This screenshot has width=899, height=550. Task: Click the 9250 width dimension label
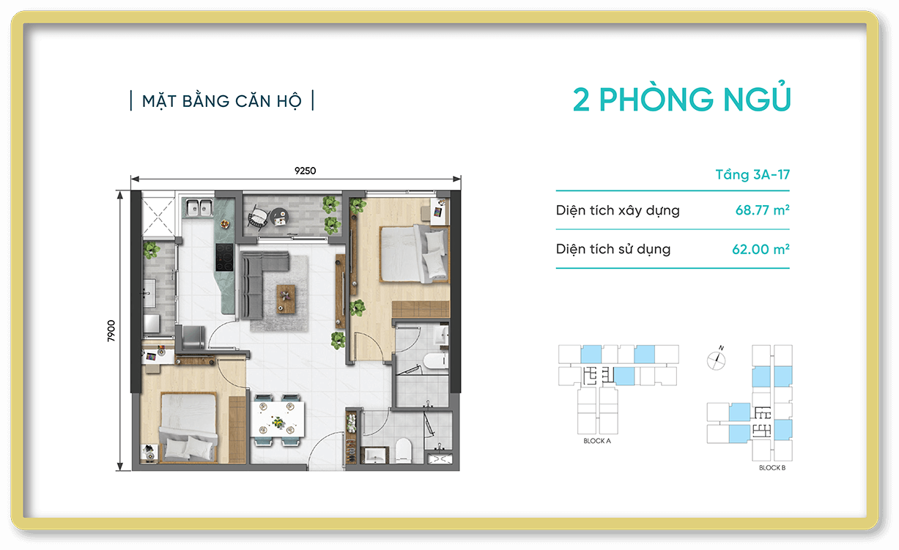tap(305, 171)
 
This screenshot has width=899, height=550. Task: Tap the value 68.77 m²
tap(762, 211)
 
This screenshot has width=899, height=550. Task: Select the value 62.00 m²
tap(761, 249)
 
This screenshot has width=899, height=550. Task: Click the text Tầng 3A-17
tap(752, 175)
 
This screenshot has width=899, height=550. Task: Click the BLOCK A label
tap(597, 442)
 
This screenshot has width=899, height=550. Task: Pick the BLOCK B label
tap(772, 468)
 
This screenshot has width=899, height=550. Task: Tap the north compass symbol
tap(717, 359)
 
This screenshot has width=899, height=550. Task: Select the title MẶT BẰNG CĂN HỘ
tap(221, 101)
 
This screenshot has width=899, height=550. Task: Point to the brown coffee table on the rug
tap(286, 298)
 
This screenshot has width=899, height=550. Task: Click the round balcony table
tap(278, 215)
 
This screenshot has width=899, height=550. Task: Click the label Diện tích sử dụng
tap(613, 249)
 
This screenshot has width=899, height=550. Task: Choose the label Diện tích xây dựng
tap(617, 211)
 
